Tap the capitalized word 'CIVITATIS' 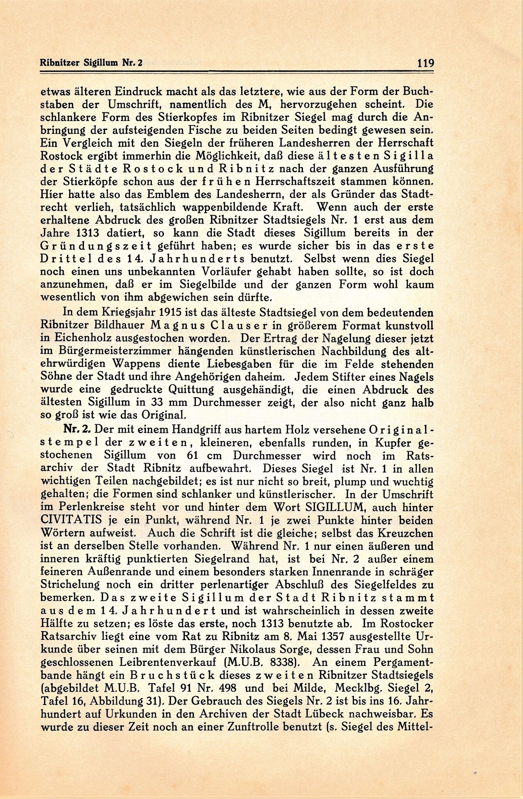[74, 521]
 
